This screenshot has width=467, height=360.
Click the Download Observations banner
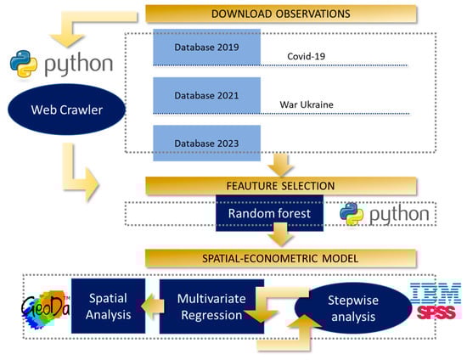click(281, 14)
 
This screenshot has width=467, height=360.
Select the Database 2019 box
click(206, 47)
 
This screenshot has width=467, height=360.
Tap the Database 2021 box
click(206, 95)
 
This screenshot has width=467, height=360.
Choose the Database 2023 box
click(206, 143)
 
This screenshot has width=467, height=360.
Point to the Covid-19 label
click(307, 56)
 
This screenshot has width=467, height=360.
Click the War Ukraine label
click(307, 104)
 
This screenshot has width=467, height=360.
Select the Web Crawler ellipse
click(67, 110)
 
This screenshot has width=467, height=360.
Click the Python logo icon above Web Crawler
click(24, 64)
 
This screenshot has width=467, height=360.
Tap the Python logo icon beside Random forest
click(352, 214)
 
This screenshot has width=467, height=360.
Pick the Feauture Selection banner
click(281, 186)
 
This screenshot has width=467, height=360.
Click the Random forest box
click(269, 213)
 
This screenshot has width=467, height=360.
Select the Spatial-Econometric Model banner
click(280, 258)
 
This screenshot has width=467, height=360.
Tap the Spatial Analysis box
click(109, 307)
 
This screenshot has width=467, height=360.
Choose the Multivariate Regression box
click(211, 307)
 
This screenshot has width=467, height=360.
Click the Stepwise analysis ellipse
click(353, 308)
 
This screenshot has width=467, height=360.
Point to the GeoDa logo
click(46, 309)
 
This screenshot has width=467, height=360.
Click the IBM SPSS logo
click(436, 301)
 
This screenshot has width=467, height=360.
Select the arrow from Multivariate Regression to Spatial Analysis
click(153, 306)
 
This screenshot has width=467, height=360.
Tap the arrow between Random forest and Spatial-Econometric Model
click(280, 234)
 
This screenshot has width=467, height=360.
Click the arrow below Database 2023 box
click(280, 165)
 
